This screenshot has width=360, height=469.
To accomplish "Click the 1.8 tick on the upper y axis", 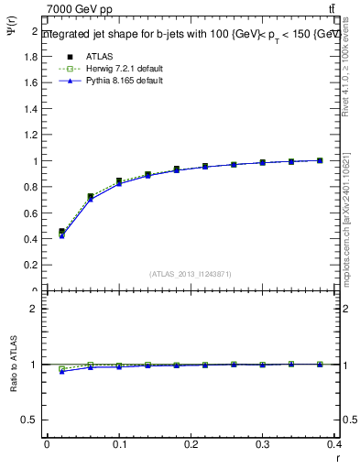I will click(32, 56).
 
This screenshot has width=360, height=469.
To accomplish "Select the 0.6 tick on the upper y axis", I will click(32, 213).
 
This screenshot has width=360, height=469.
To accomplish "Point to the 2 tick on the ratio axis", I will click(34, 309).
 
